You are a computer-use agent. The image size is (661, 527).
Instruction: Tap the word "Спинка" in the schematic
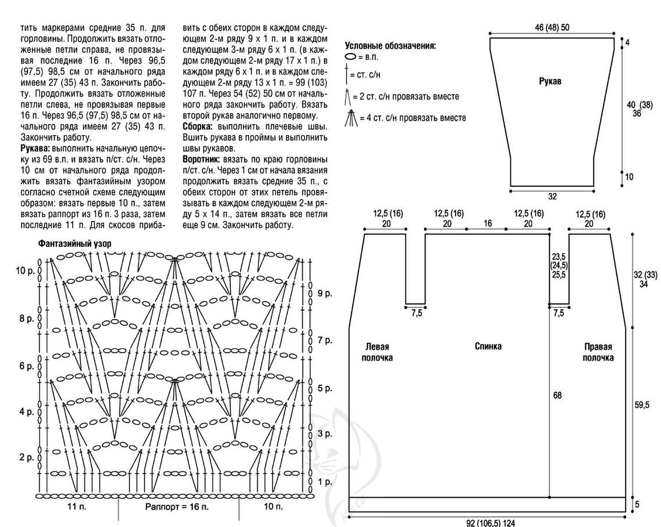488,346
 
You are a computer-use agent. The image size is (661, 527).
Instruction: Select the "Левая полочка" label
377,352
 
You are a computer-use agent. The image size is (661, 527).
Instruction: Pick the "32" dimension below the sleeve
552,197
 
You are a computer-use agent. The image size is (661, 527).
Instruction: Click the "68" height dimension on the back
557,395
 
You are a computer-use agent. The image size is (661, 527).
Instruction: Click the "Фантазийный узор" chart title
73,243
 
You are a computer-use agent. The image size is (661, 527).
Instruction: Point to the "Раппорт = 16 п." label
177,506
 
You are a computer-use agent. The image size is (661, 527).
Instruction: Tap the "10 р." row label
25,271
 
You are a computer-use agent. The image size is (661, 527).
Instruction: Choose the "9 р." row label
324,293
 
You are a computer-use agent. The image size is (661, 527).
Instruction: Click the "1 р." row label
324,482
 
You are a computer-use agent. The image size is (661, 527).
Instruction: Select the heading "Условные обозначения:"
390,46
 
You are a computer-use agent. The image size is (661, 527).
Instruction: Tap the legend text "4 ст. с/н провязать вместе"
413,117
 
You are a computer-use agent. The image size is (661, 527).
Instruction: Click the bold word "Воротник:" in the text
199,158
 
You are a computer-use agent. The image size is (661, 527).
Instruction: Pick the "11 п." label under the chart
76,506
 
